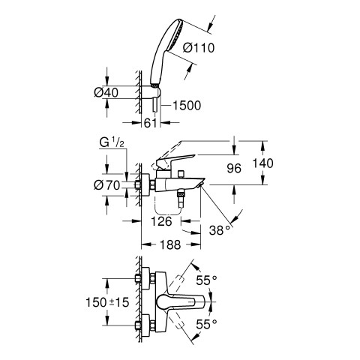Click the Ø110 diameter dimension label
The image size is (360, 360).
pyautogui.click(x=199, y=47)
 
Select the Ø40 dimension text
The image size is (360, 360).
pyautogui.click(x=106, y=93)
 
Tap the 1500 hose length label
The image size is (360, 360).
pyautogui.click(x=187, y=106)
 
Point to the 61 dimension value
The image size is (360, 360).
pyautogui.click(x=151, y=123)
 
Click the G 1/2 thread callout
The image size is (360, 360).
pyautogui.click(x=112, y=143)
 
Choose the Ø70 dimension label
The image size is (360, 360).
pyautogui.click(x=107, y=185)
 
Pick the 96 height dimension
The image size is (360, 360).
pyautogui.click(x=234, y=169)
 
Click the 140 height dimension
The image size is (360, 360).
pyautogui.click(x=262, y=163)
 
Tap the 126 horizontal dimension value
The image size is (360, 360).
pyautogui.click(x=162, y=221)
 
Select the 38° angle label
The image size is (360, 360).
pyautogui.click(x=220, y=230)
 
